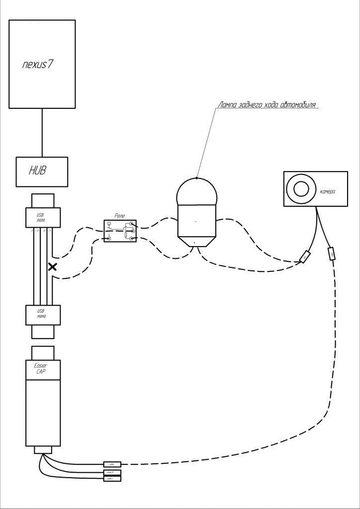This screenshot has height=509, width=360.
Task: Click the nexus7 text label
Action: click(x=38, y=65)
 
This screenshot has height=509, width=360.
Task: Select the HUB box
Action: click(x=41, y=171)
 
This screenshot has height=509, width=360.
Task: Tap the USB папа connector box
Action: click(x=42, y=217)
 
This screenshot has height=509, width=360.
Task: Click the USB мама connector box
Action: click(x=42, y=315)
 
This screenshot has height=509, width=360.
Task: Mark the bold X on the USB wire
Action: click(x=52, y=267)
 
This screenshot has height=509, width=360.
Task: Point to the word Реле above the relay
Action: click(x=120, y=216)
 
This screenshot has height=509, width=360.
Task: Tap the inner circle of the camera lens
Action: click(x=301, y=188)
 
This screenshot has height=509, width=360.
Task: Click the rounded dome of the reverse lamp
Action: click(x=197, y=191)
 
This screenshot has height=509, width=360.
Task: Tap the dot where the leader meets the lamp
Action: click(x=197, y=177)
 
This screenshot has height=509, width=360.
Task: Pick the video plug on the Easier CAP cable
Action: click(x=112, y=464)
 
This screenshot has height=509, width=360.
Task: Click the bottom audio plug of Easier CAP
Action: click(x=112, y=478)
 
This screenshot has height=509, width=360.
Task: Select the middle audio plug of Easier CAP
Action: click(x=112, y=472)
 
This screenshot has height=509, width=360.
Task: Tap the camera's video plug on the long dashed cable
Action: click(x=331, y=254)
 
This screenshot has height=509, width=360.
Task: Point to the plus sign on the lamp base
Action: click(x=194, y=243)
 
